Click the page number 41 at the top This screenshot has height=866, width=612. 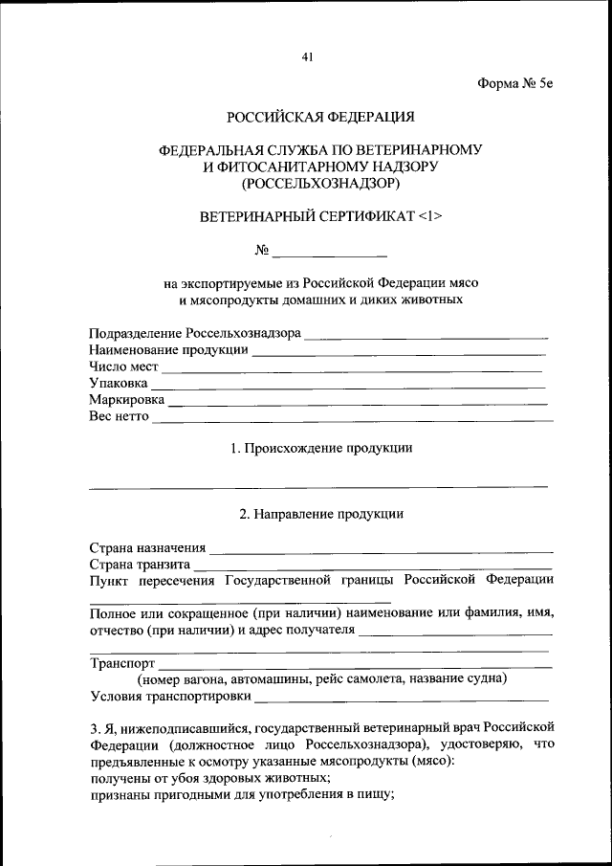[307, 56]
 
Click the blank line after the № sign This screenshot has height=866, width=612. [330, 255]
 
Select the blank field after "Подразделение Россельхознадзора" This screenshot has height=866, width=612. [426, 337]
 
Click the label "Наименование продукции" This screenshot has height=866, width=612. [168, 350]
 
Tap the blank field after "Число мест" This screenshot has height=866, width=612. [352, 369]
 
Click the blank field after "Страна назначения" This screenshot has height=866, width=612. [381, 552]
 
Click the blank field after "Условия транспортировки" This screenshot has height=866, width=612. [402, 699]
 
